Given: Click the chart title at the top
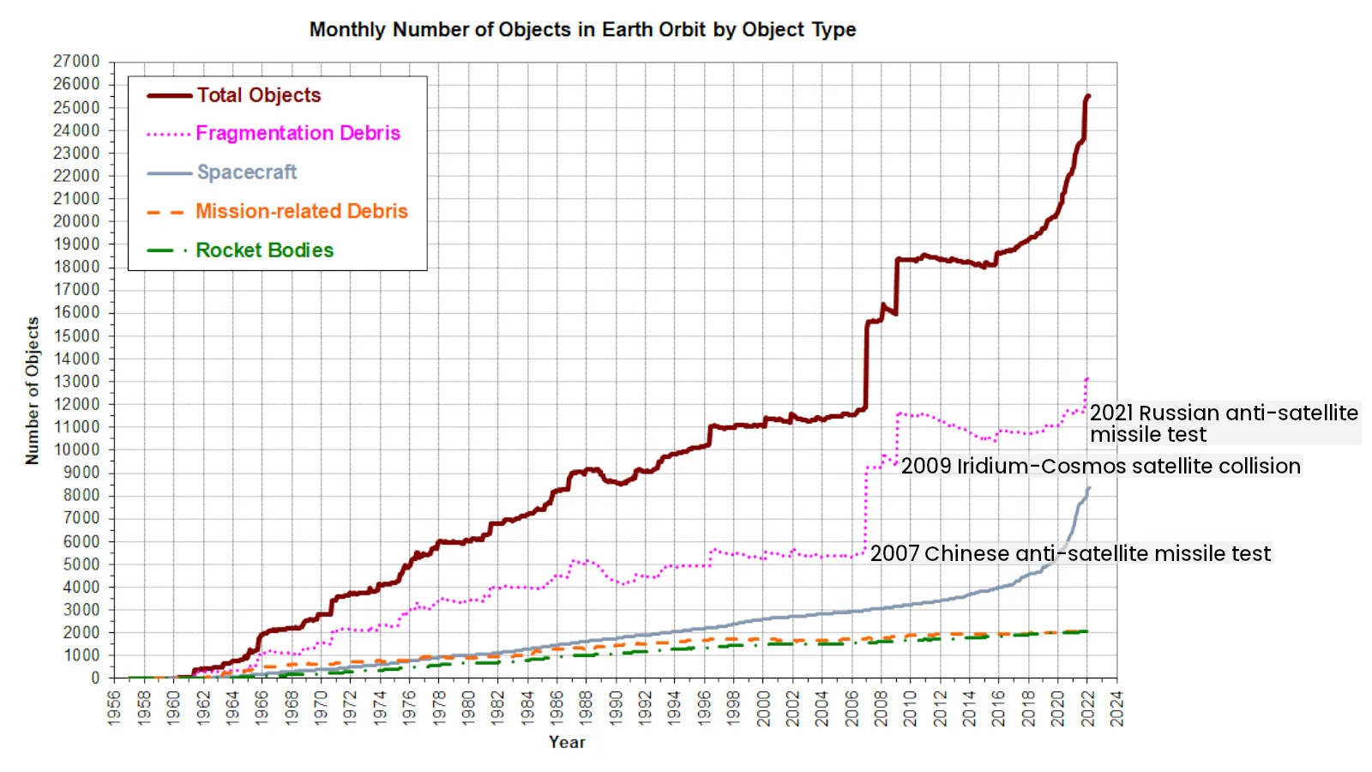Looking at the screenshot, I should pyautogui.click(x=582, y=30).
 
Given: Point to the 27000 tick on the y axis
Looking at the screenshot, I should pyautogui.click(x=76, y=62).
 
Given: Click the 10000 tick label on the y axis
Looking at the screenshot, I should pyautogui.click(x=76, y=449).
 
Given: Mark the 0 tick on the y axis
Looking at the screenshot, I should pyautogui.click(x=95, y=678).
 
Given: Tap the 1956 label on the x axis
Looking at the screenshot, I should pyautogui.click(x=114, y=708).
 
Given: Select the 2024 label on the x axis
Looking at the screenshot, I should pyautogui.click(x=1116, y=708).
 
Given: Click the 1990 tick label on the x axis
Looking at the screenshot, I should pyautogui.click(x=616, y=708).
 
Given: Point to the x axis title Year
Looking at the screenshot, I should pyautogui.click(x=567, y=742).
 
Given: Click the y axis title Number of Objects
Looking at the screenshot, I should pyautogui.click(x=33, y=390).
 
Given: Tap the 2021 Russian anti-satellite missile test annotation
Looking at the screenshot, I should pyautogui.click(x=1224, y=424).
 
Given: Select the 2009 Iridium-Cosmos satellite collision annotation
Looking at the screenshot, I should pyautogui.click(x=1100, y=466).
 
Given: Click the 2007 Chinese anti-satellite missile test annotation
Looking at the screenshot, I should pyautogui.click(x=1070, y=553).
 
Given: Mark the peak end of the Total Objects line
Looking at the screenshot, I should pyautogui.click(x=1088, y=96).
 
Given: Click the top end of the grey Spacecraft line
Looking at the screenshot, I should pyautogui.click(x=1088, y=489).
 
